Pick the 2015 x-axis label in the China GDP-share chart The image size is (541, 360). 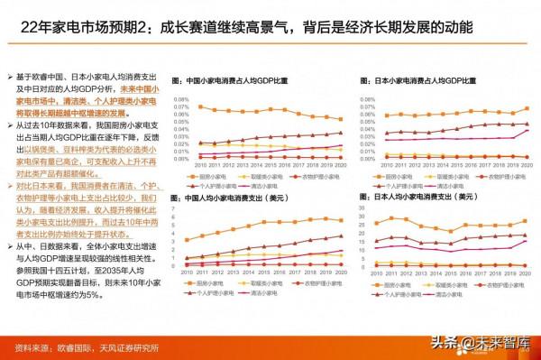[x=269, y=165]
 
